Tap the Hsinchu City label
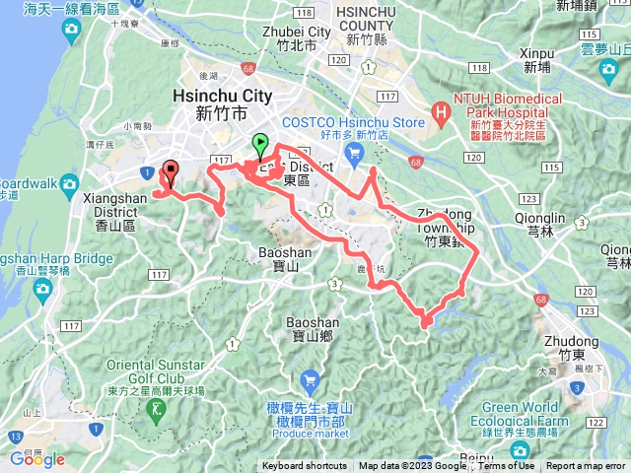coord(221,97)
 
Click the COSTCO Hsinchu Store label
coord(354,122)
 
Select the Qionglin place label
coord(540,219)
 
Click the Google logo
coord(37,459)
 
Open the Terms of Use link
coord(507,466)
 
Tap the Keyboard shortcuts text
coord(305,466)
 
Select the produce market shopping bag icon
coord(310,378)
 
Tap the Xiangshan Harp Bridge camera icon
coord(42,288)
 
